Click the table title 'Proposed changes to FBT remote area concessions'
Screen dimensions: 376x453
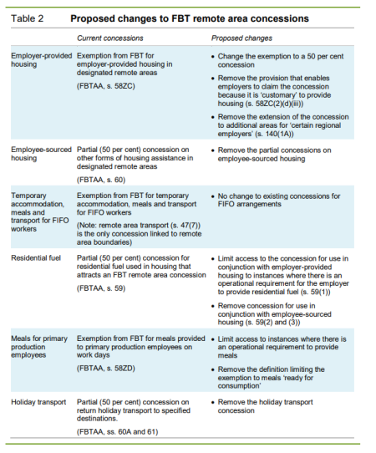tap(190, 18)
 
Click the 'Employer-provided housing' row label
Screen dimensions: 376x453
tap(37, 59)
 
